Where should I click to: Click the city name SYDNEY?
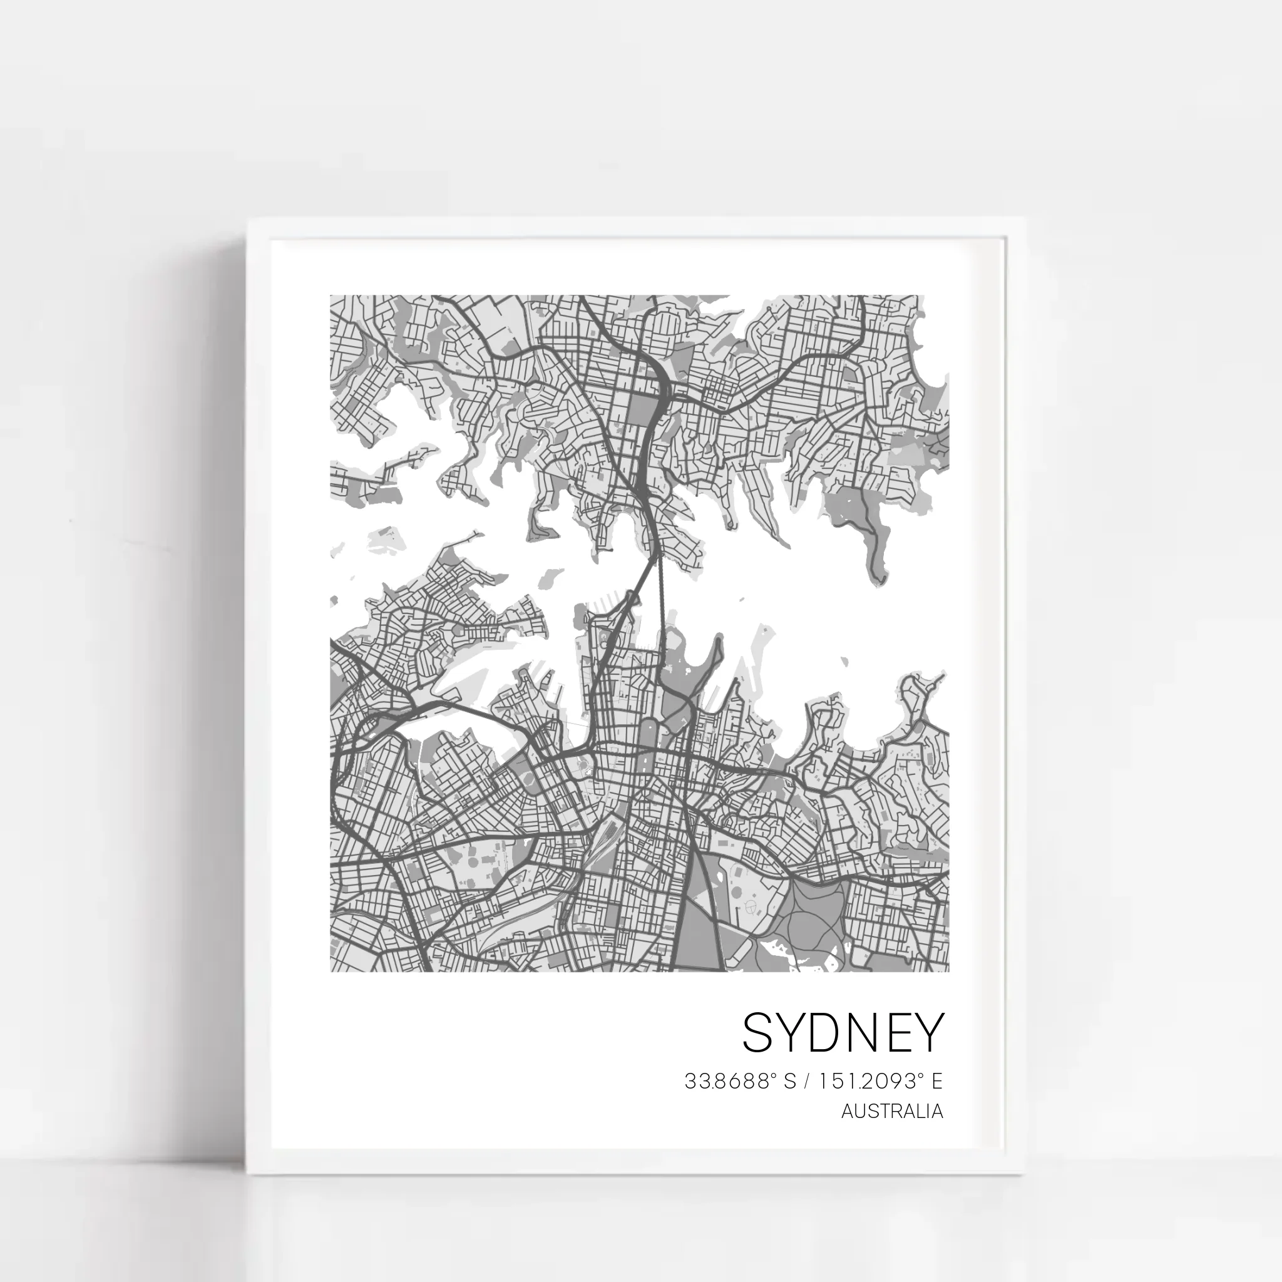point(842,1033)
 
